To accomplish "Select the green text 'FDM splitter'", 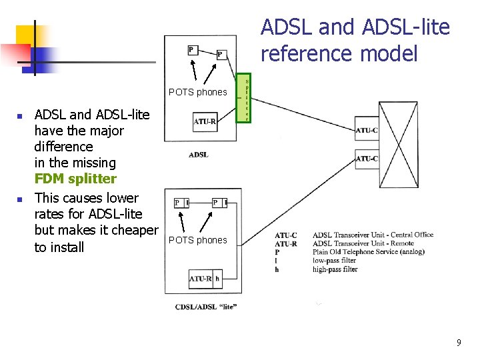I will (x=75, y=179).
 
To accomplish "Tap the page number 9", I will (x=458, y=343).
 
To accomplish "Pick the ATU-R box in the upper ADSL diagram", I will (x=205, y=121).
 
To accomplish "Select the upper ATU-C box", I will (x=366, y=130).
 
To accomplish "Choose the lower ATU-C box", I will (x=366, y=159).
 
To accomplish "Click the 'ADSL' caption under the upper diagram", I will (x=199, y=155).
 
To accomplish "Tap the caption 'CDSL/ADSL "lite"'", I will (x=206, y=307).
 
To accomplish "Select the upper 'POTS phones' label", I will (x=197, y=92).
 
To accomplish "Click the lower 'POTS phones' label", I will (x=197, y=240).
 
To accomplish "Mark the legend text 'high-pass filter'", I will (x=335, y=269).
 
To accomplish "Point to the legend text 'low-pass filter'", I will (x=334, y=261).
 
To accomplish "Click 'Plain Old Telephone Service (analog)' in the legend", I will (x=368, y=252).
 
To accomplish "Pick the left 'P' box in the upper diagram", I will (x=191, y=49).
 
